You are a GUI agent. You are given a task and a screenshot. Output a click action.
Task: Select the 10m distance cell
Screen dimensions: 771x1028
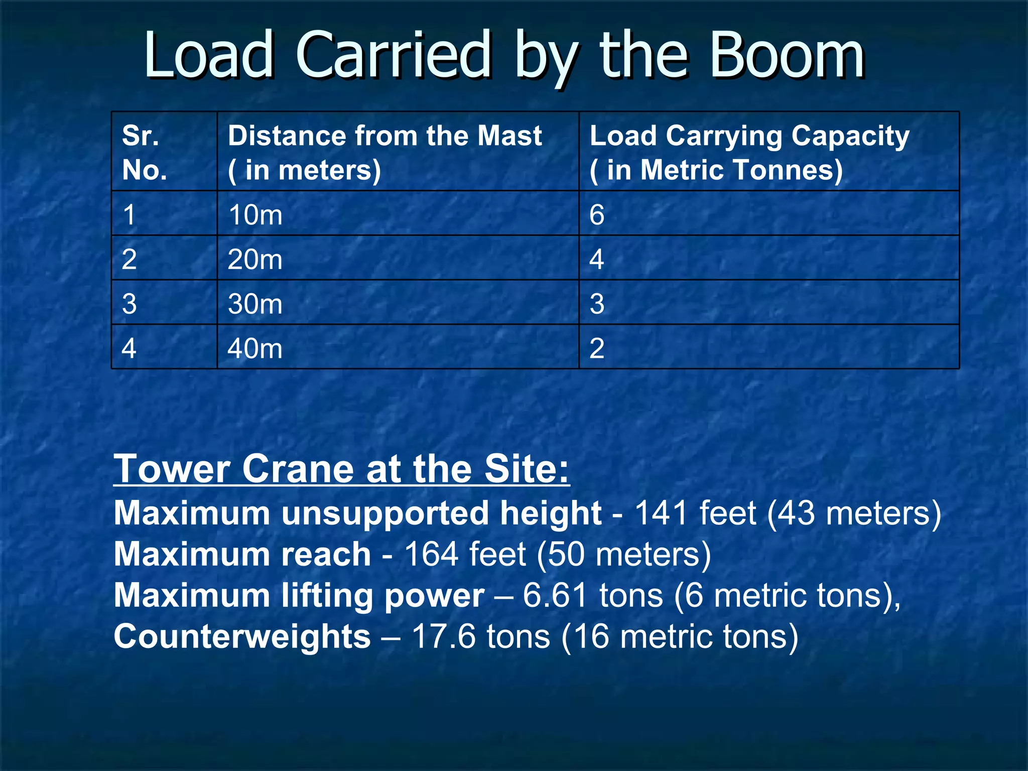coord(255,215)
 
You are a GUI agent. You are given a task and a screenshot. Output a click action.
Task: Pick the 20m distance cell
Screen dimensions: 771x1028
coord(255,260)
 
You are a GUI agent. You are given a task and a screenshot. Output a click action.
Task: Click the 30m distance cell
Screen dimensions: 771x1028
coord(255,304)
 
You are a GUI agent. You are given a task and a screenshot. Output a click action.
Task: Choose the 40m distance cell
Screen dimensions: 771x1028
coord(255,348)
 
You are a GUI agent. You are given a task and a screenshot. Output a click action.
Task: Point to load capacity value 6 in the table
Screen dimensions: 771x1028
coord(597,215)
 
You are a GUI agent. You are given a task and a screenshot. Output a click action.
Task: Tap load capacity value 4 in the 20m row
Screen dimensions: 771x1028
coord(597,260)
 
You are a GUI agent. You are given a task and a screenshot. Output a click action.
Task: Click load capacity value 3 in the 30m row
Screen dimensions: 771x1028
coord(597,304)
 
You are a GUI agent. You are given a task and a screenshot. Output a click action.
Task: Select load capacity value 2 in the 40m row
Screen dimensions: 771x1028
coord(597,348)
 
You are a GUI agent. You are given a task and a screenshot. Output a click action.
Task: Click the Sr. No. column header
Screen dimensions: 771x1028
coord(145,153)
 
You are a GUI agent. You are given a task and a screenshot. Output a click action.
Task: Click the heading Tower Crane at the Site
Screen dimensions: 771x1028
coord(341,469)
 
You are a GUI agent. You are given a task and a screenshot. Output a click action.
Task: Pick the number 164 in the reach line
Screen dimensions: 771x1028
coord(431,554)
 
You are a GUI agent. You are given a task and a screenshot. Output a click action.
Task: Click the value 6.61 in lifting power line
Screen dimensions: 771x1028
coord(555,595)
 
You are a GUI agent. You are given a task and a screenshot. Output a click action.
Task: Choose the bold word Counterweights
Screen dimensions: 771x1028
coord(242,636)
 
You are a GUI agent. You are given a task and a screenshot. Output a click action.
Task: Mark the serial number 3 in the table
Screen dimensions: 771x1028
coord(129,304)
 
